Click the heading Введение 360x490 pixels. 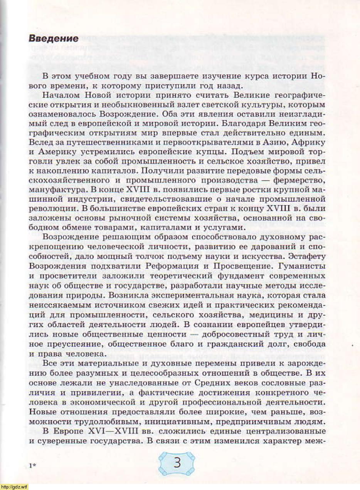[x=54, y=39]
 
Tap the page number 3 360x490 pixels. [x=177, y=462]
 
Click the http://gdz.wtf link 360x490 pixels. [x=14, y=487]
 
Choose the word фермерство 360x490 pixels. [x=298, y=180]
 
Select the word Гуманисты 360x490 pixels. [x=305, y=266]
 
